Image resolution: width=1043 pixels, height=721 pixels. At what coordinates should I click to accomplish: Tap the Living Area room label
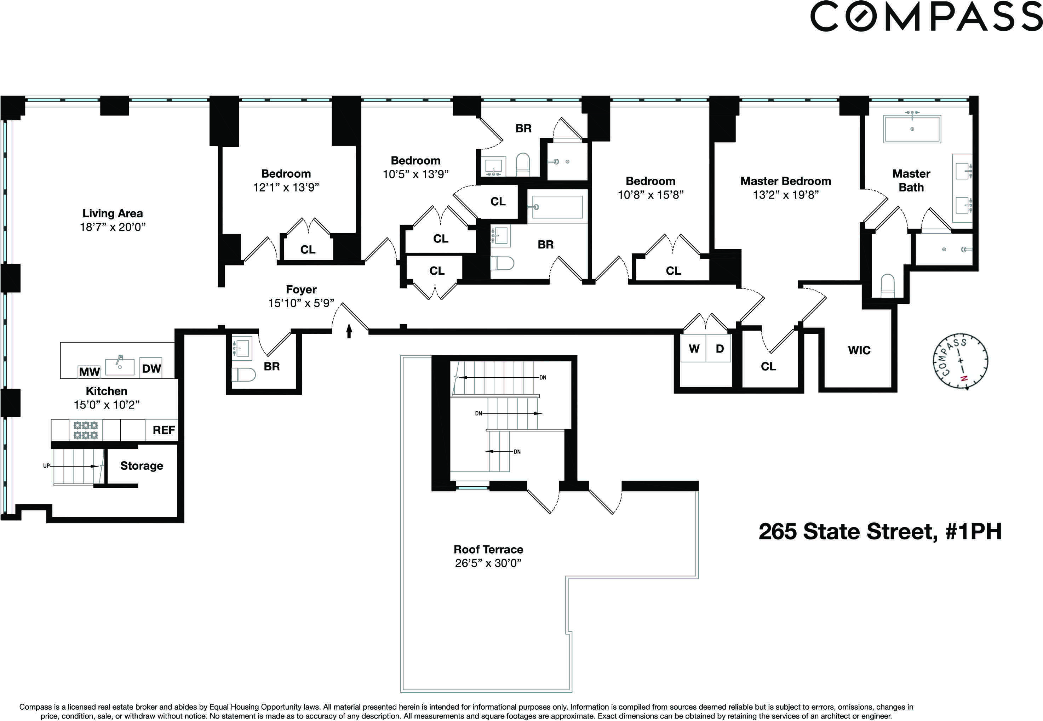pos(113,213)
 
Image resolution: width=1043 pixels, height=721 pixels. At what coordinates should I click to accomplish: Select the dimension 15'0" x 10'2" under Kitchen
pos(107,405)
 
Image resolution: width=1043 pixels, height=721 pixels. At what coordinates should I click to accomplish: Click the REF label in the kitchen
pos(164,430)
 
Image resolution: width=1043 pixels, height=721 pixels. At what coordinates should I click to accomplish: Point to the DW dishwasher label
pos(151,368)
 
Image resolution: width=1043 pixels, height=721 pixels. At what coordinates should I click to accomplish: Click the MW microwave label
pos(89,372)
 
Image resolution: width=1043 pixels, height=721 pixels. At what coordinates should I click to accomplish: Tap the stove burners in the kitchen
pos(86,430)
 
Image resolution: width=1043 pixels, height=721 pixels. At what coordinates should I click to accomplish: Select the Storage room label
pos(141,466)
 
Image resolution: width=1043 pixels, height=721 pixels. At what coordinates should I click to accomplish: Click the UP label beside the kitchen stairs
pos(46,466)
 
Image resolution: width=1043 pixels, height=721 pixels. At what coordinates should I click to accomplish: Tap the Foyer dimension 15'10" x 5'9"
pos(301,303)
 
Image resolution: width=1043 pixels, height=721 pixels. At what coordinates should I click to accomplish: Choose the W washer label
pos(694,349)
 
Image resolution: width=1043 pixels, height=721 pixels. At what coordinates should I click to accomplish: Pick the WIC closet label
pos(859,350)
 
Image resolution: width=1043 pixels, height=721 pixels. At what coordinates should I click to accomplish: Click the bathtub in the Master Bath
pos(912,129)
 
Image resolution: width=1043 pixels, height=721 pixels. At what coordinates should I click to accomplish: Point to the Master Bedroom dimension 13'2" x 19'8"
pos(786,195)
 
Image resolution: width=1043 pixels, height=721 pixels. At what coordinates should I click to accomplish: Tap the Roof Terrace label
pos(488,549)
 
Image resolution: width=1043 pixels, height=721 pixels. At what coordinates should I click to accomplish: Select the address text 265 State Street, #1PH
pos(879,531)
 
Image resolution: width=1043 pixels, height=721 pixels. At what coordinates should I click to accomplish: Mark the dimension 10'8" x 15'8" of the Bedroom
pos(651,195)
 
